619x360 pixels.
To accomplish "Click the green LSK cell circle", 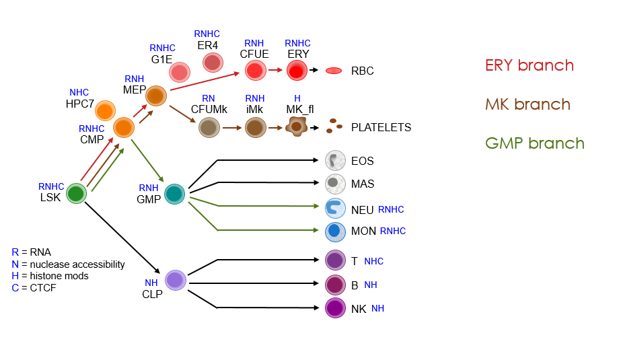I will coord(76,194).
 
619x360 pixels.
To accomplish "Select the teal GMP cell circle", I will coord(174,194).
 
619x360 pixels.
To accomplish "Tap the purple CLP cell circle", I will coord(176,280).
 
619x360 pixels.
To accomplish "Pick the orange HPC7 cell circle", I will coord(105,110).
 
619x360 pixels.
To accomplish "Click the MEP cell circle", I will coord(156,96).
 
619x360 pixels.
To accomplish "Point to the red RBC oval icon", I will coord(334,71).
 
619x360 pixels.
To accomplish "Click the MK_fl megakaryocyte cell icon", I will coord(296,126).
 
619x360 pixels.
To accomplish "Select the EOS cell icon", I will coord(335,161).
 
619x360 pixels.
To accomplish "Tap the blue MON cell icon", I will coord(335,231).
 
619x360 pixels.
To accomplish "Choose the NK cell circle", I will coord(335,308).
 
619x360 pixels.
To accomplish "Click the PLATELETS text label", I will coord(381,127).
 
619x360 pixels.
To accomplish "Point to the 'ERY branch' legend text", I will coord(530,65).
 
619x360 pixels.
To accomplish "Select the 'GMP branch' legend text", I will coord(534,143).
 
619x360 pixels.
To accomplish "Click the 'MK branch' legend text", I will coord(527,104).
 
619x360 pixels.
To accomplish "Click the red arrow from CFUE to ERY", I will coord(275,69).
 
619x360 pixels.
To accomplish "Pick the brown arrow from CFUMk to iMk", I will coord(232,127).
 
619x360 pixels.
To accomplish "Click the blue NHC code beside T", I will coord(373,261).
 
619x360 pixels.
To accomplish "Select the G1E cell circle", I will coord(179,72).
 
